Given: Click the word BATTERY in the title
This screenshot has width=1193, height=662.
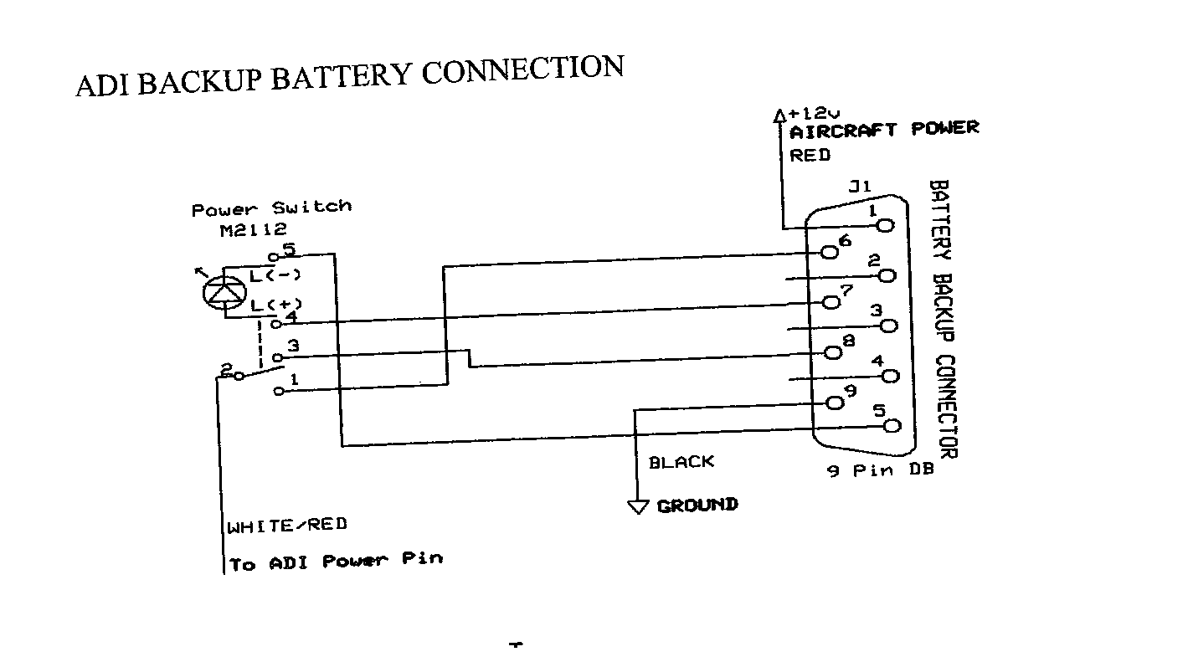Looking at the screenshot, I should pyautogui.click(x=342, y=76).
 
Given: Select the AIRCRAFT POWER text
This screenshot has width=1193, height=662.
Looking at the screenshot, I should pyautogui.click(x=884, y=130).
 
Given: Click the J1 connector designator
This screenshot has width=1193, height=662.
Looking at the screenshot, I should pyautogui.click(x=860, y=187).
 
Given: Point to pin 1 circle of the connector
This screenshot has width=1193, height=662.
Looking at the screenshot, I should pyautogui.click(x=886, y=225).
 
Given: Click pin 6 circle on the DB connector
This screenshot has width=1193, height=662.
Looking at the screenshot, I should pyautogui.click(x=830, y=251).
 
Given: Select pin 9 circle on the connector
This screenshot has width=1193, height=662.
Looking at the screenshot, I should pyautogui.click(x=835, y=403).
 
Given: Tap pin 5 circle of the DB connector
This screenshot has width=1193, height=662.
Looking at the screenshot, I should pyautogui.click(x=892, y=425).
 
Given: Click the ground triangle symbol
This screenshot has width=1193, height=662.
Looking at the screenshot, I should pyautogui.click(x=639, y=506).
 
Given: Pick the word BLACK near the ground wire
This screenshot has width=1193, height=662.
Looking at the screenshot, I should pyautogui.click(x=681, y=462).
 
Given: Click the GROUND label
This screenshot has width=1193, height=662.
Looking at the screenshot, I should pyautogui.click(x=697, y=505).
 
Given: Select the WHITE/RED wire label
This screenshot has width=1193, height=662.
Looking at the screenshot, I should pyautogui.click(x=287, y=526).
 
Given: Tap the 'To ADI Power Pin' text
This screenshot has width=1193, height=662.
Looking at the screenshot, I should pyautogui.click(x=336, y=562).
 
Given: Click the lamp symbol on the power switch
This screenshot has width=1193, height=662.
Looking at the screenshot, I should pyautogui.click(x=223, y=291).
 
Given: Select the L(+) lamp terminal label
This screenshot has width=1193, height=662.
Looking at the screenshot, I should pyautogui.click(x=275, y=304).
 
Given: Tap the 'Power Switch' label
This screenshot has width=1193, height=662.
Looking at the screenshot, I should pyautogui.click(x=271, y=208).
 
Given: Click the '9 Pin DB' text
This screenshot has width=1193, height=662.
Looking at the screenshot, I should pyautogui.click(x=880, y=471).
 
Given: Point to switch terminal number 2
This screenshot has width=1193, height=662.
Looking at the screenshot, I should pyautogui.click(x=225, y=368).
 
